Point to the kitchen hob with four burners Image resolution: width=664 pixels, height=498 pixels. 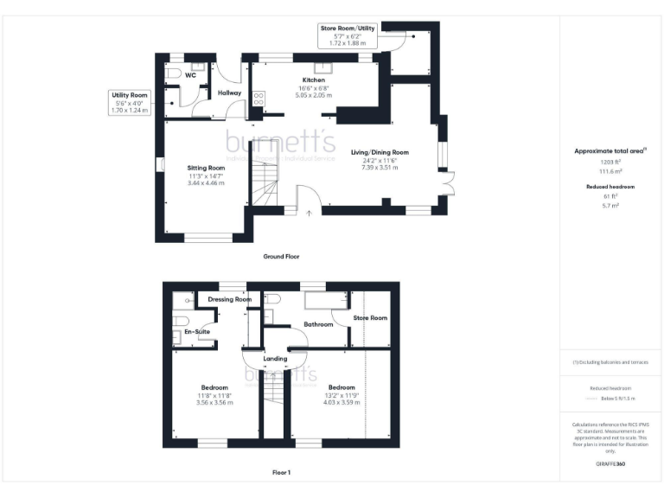(258, 98)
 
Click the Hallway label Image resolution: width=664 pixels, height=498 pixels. (229, 93)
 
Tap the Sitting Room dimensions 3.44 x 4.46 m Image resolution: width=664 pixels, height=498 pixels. (206, 183)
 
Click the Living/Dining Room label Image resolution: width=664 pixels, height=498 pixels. (380, 152)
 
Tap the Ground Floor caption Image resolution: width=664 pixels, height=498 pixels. (281, 257)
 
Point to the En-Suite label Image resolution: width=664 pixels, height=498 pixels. (197, 331)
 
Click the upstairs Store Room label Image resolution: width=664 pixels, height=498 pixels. (371, 318)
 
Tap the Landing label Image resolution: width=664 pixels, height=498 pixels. (275, 358)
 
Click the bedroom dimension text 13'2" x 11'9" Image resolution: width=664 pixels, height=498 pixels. (341, 395)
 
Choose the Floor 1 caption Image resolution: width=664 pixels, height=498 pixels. (281, 473)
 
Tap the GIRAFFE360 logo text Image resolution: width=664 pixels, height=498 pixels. (610, 464)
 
